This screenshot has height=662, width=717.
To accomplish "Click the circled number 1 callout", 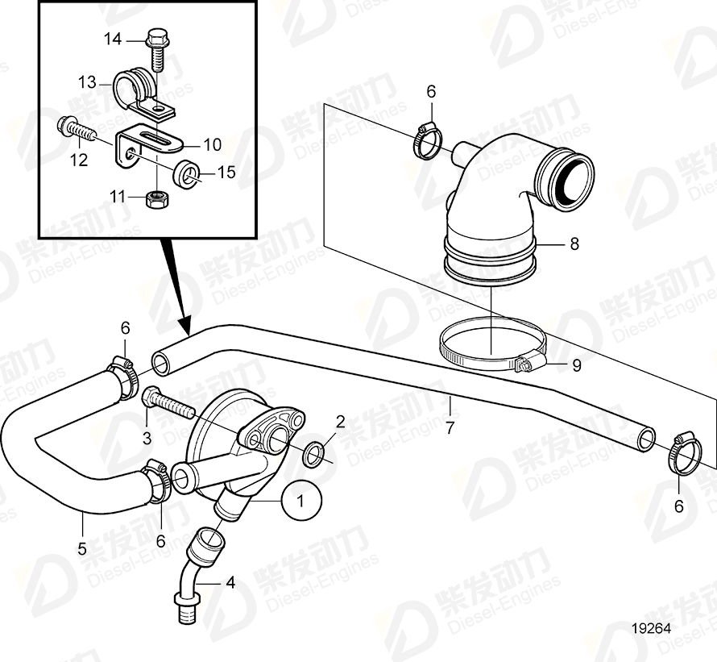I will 301,501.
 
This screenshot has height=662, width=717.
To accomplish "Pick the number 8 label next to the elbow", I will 574,244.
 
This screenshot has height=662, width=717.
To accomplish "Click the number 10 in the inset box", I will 212,145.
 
